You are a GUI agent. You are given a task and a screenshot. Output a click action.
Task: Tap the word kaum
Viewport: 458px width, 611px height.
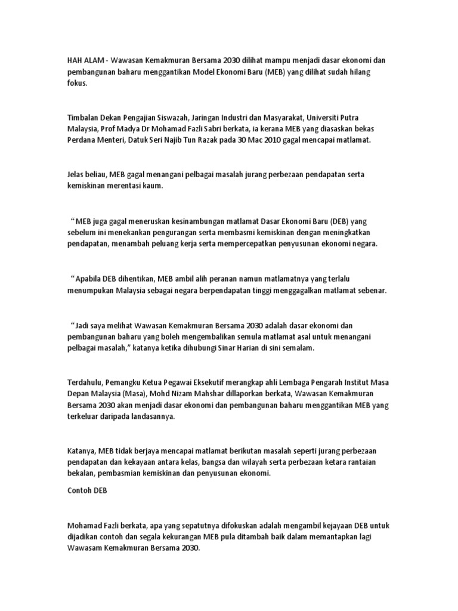coord(147,186)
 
